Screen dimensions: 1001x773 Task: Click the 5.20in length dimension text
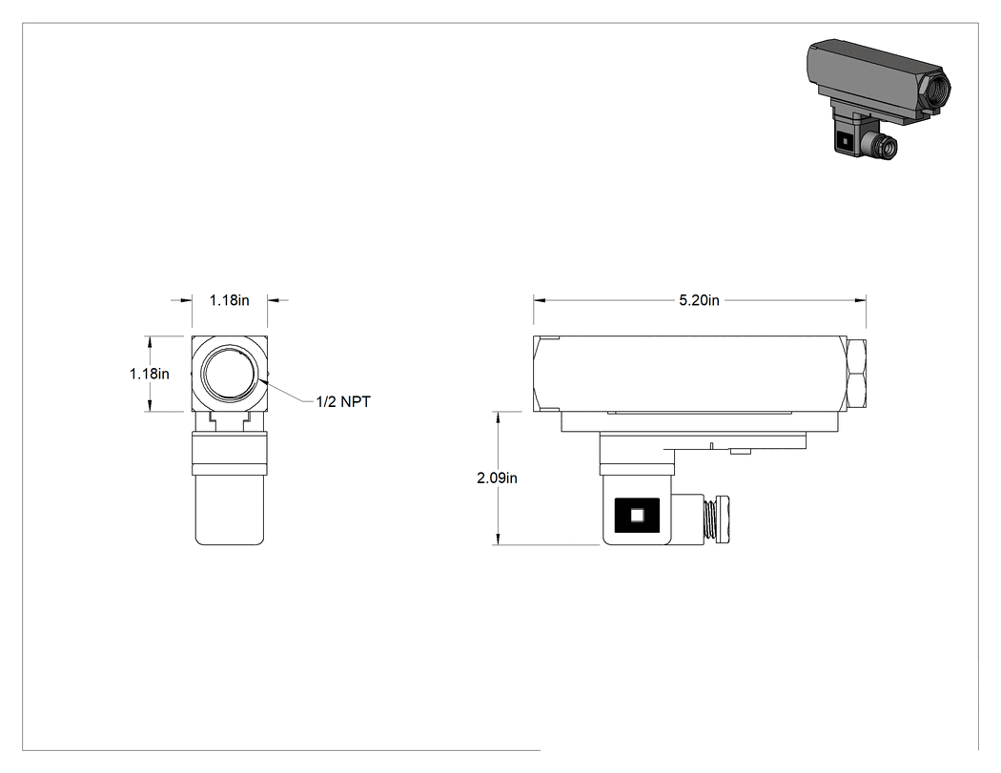(699, 300)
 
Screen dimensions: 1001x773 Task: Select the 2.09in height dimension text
(498, 478)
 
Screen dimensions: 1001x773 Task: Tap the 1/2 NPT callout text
(343, 401)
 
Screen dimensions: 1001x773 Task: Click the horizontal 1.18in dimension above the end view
(229, 300)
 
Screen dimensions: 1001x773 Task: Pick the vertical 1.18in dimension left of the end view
(150, 374)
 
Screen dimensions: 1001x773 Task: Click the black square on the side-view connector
(637, 515)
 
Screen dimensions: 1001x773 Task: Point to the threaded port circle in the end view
(231, 374)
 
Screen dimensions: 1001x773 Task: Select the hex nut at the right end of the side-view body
(857, 374)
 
